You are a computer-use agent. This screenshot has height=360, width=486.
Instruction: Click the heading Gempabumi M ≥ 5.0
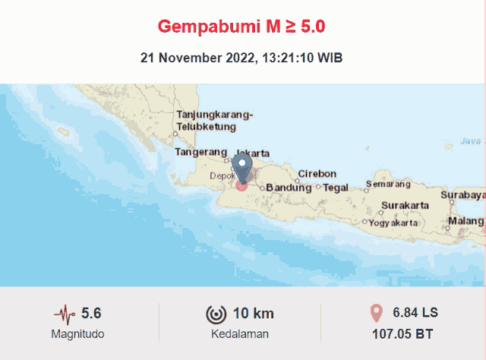point(241,27)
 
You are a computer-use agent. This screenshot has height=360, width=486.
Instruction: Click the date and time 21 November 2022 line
point(241,58)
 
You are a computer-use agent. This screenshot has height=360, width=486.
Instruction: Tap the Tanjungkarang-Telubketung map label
point(214,121)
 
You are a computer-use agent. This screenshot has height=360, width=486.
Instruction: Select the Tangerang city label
point(200,152)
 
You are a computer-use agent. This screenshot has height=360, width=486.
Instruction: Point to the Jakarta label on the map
point(254,153)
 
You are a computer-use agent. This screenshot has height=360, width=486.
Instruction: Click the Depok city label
point(222,175)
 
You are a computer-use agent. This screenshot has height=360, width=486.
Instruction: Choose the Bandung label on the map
point(288,188)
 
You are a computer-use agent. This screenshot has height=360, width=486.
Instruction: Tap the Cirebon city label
point(317,173)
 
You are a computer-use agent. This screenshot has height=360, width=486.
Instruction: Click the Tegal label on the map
point(336,188)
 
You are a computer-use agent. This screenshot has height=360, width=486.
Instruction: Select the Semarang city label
point(388,184)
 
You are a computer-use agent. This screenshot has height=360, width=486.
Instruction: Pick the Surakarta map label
point(405,205)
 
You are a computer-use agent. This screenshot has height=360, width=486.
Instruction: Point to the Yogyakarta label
point(393,223)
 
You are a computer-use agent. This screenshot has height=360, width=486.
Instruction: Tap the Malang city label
point(465,221)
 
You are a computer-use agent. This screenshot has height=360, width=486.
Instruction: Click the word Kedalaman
point(239,334)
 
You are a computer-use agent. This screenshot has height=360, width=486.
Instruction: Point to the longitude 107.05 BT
point(402,333)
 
